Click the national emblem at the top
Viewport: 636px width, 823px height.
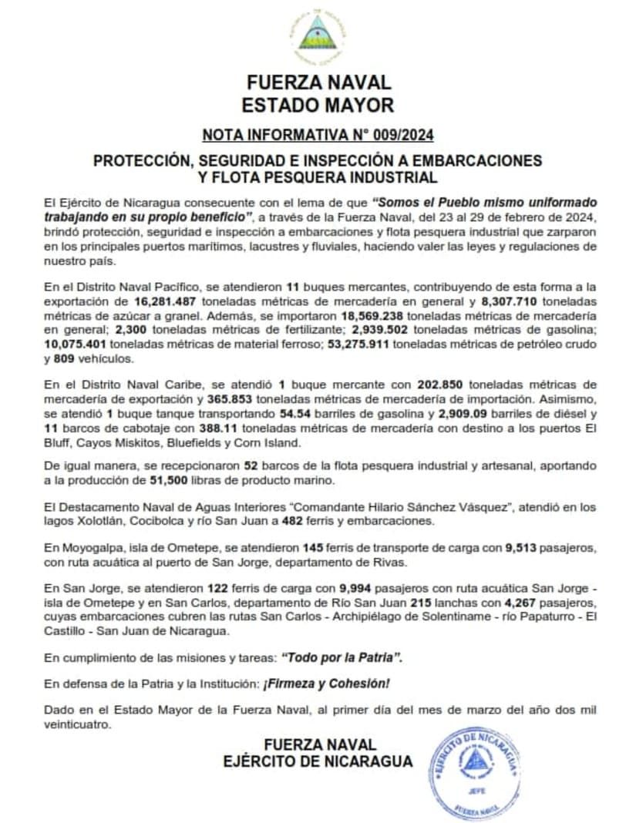click(x=318, y=34)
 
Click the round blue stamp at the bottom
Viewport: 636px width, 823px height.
click(x=473, y=772)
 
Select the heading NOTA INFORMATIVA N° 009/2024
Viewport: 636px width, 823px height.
click(x=318, y=136)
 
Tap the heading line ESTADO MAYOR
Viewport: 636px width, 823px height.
click(x=318, y=106)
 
